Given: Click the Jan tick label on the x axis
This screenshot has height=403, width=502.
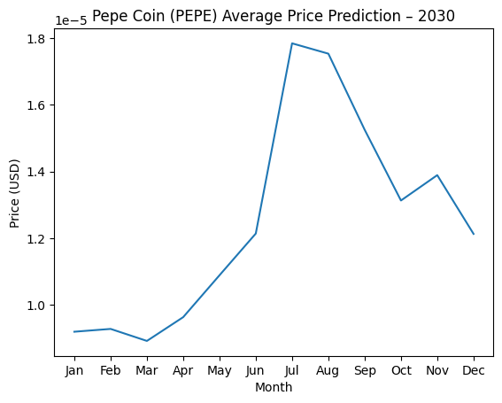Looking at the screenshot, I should point(74,371).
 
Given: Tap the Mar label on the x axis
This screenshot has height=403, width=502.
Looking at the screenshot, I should point(147,371).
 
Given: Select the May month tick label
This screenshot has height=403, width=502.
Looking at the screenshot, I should point(220,371).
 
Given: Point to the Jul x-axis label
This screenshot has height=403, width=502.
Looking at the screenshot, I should point(292,371).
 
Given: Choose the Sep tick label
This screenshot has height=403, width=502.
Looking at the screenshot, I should point(365,371).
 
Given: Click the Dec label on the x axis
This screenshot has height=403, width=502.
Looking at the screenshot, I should point(474,371).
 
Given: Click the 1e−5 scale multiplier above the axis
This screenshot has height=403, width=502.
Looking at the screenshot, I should point(71,19).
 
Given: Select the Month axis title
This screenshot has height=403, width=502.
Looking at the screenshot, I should point(274,387).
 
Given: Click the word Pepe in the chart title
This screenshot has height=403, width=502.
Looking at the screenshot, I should point(108,15).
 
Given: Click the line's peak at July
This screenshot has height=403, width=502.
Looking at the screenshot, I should point(292,43).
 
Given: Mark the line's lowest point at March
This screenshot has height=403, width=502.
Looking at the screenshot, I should point(147,341).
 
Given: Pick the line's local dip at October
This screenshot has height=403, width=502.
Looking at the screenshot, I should point(401,200).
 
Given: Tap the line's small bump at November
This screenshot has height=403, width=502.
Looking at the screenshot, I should point(437,175).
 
